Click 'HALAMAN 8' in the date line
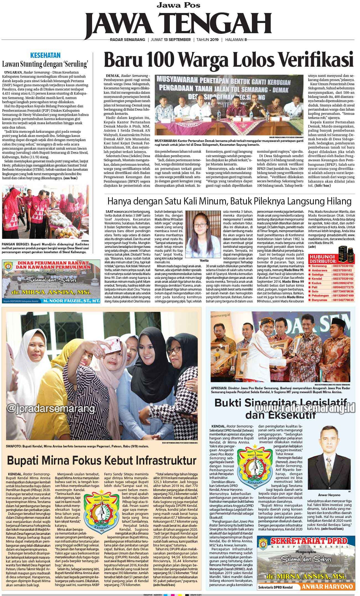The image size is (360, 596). point(236,40)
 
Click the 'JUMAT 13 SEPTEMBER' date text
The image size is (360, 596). point(171,40)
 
